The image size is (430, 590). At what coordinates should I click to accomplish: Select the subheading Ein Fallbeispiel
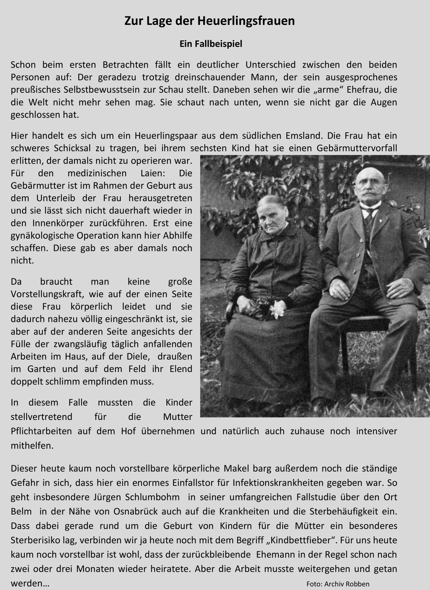[211, 44]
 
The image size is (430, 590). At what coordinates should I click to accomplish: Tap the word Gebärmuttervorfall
[357, 148]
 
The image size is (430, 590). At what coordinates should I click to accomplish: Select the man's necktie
[369, 219]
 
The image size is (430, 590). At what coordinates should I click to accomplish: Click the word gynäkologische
[42, 236]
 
